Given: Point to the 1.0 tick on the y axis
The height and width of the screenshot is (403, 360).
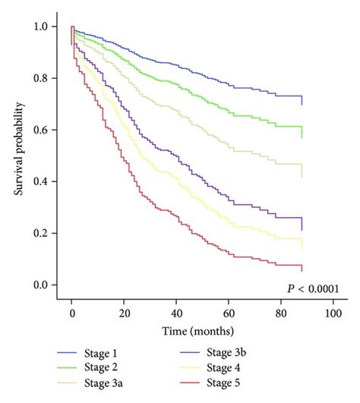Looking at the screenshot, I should click(40, 27).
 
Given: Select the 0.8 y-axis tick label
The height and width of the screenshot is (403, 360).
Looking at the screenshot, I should click(40, 78).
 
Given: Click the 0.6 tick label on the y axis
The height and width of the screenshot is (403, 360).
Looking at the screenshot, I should click(40, 130).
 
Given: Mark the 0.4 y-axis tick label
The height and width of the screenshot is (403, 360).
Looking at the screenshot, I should click(40, 181).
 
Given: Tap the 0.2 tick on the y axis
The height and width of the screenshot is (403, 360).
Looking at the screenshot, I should click(40, 233).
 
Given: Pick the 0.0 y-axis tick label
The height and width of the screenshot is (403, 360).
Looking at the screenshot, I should click(40, 285).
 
